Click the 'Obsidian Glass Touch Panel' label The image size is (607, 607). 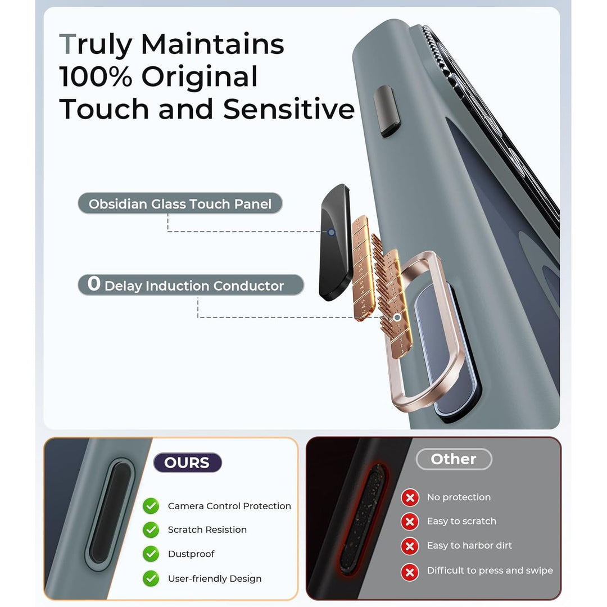(x=180, y=203)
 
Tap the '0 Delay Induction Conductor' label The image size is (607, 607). (x=191, y=284)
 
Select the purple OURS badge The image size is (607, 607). (x=187, y=462)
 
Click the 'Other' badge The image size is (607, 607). (x=454, y=459)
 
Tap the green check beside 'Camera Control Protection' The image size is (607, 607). (x=151, y=506)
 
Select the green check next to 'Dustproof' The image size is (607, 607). (x=151, y=554)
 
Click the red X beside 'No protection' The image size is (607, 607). (x=410, y=497)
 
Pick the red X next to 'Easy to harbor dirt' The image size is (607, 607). (x=410, y=546)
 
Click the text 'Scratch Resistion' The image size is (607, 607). (x=207, y=529)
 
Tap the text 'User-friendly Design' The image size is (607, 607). (x=215, y=579)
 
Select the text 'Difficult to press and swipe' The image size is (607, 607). (x=490, y=570)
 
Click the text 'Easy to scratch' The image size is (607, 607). (x=461, y=521)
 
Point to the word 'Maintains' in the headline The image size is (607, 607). (x=212, y=44)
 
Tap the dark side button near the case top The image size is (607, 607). (x=387, y=111)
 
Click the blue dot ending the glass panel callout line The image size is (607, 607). (x=332, y=232)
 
